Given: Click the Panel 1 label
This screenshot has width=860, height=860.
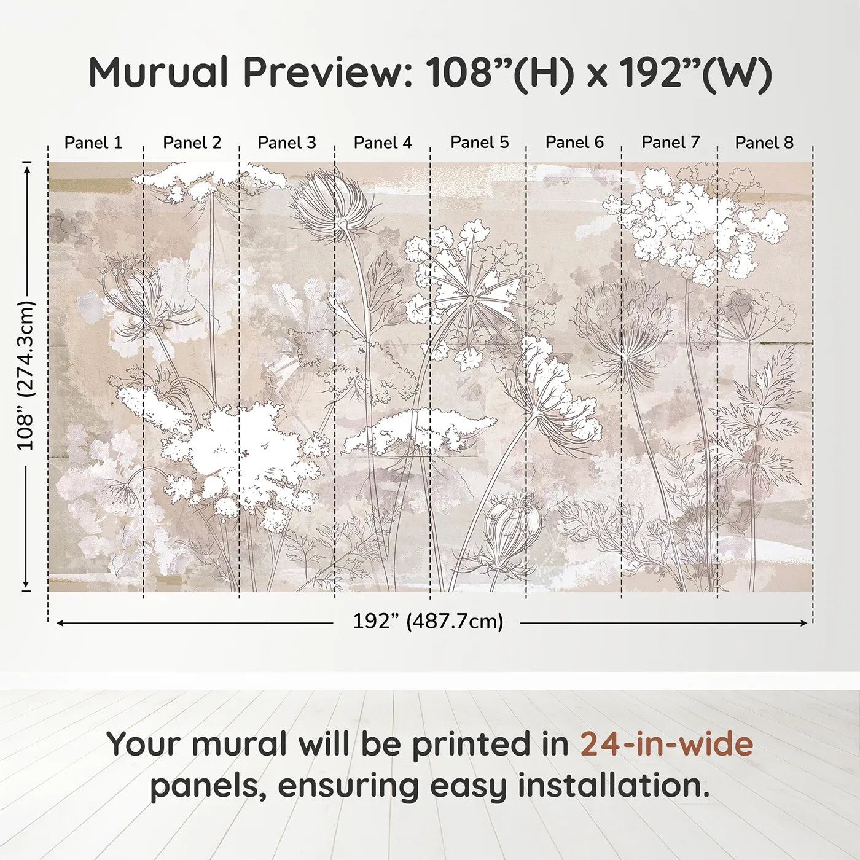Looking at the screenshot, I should (93, 143).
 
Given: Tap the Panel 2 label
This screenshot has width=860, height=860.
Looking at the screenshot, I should (192, 143).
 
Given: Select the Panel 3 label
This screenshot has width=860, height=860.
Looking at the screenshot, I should (287, 143).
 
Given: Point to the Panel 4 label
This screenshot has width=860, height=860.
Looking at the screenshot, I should (383, 143).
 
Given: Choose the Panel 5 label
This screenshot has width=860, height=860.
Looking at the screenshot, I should (479, 143).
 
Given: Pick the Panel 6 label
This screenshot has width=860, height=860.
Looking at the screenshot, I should (574, 143).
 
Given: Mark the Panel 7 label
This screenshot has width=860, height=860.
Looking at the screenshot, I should (670, 143).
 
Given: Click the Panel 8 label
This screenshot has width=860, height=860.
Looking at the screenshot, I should (764, 143).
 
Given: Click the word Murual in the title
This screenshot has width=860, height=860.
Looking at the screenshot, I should (158, 72).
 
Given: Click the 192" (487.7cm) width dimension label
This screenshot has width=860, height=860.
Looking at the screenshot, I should (428, 621).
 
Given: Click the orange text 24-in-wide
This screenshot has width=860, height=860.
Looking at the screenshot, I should (666, 744).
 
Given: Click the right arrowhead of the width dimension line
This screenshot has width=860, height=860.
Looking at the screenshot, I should (805, 623).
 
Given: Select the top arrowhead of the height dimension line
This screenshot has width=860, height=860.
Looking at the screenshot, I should (26, 167).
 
